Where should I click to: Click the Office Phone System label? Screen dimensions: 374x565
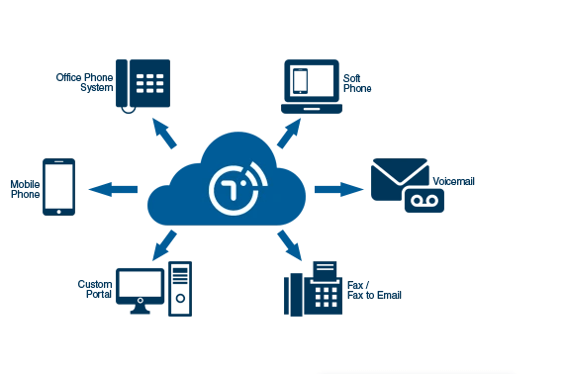[x=84, y=81]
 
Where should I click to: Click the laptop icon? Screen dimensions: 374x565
[x=310, y=86]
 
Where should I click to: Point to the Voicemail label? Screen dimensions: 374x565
[x=454, y=182]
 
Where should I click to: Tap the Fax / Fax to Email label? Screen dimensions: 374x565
[x=374, y=290]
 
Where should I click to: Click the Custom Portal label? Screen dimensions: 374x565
[x=95, y=289]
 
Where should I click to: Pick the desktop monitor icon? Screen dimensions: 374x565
[x=140, y=289]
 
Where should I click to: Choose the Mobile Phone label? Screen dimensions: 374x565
[x=25, y=189]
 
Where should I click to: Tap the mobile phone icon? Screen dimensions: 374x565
[x=59, y=187]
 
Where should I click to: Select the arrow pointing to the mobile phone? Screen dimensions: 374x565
[x=113, y=188]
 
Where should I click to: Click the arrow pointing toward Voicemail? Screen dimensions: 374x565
[x=339, y=188]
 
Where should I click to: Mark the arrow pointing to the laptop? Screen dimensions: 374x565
[x=289, y=133]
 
